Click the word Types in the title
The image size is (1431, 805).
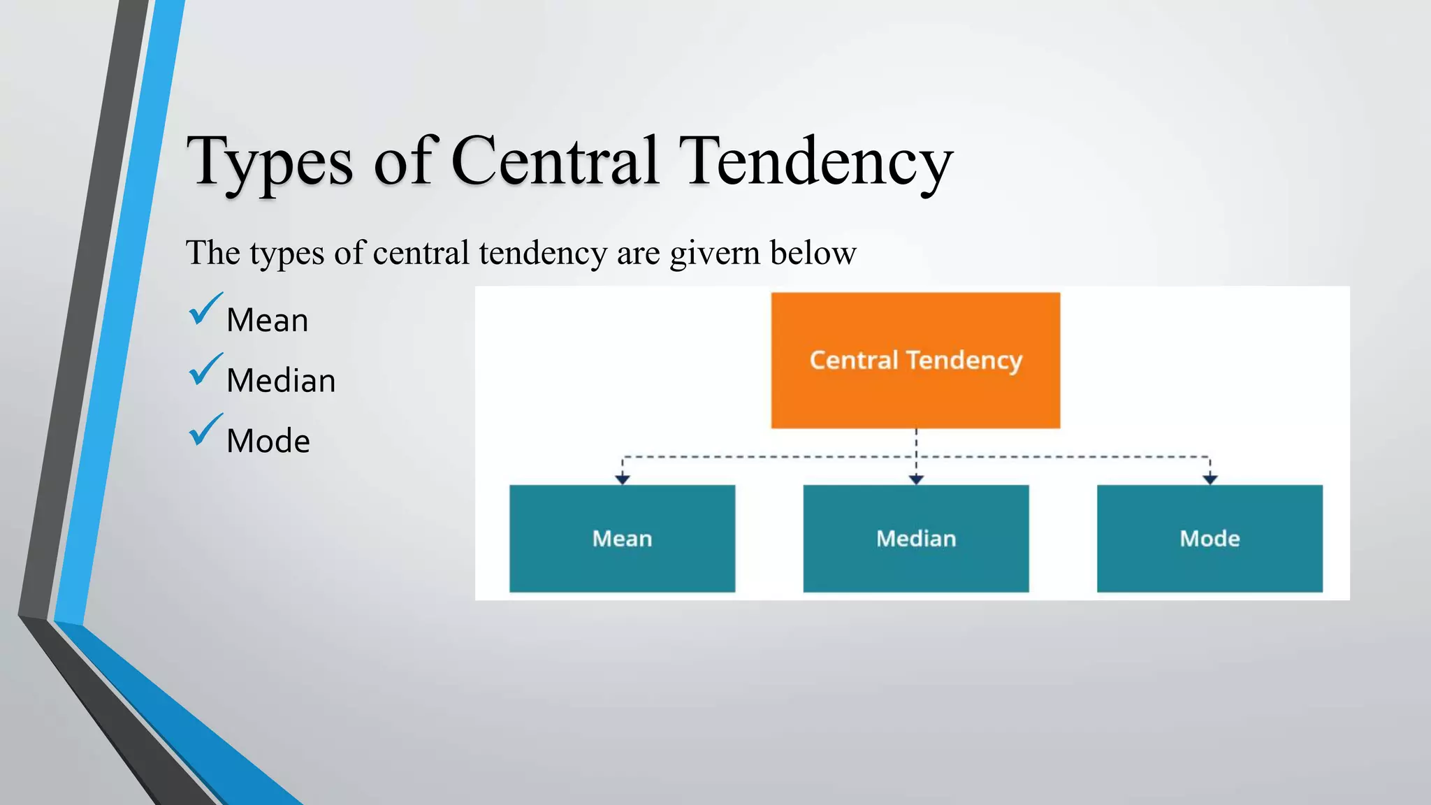pyautogui.click(x=270, y=162)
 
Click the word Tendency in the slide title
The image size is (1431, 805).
pyautogui.click(x=815, y=162)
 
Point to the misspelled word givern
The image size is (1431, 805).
pyautogui.click(x=714, y=253)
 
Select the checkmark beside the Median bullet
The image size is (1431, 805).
pyautogui.click(x=205, y=370)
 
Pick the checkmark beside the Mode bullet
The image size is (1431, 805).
pyautogui.click(x=205, y=430)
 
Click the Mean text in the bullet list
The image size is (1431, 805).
pyautogui.click(x=267, y=321)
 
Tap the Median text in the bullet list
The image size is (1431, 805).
pyautogui.click(x=281, y=382)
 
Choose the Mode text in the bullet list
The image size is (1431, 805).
pyautogui.click(x=268, y=442)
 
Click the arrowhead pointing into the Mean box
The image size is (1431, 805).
pyautogui.click(x=623, y=479)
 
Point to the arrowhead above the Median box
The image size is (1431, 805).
pyautogui.click(x=916, y=479)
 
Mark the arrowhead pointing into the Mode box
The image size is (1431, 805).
pyautogui.click(x=1210, y=479)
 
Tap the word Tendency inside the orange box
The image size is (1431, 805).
pyautogui.click(x=964, y=361)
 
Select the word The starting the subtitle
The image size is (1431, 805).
pyautogui.click(x=213, y=252)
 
